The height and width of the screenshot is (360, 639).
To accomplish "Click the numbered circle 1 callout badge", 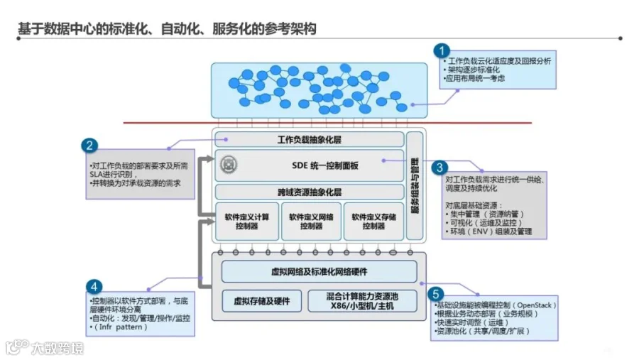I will [443, 50].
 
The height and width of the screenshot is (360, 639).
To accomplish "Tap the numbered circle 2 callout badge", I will [89, 146].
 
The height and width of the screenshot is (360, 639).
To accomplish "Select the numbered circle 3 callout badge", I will [440, 168].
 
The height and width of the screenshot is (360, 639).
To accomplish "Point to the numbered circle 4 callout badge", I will [94, 287].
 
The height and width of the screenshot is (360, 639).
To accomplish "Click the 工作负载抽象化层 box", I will [310, 140].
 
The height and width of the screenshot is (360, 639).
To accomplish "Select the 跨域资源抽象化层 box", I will [310, 192].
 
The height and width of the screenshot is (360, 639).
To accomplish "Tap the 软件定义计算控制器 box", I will [246, 222].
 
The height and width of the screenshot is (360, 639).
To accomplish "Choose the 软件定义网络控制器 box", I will [311, 222].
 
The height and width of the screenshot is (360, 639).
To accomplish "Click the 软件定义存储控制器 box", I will [373, 222].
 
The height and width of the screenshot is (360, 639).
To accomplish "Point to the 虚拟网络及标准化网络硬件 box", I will [319, 272].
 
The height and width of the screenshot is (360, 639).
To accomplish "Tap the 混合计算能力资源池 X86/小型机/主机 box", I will [362, 301].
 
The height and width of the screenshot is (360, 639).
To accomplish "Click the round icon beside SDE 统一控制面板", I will [229, 165].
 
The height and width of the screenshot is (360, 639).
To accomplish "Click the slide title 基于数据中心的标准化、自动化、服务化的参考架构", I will [166, 29].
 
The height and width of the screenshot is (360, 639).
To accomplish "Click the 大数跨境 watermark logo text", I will [57, 348].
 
